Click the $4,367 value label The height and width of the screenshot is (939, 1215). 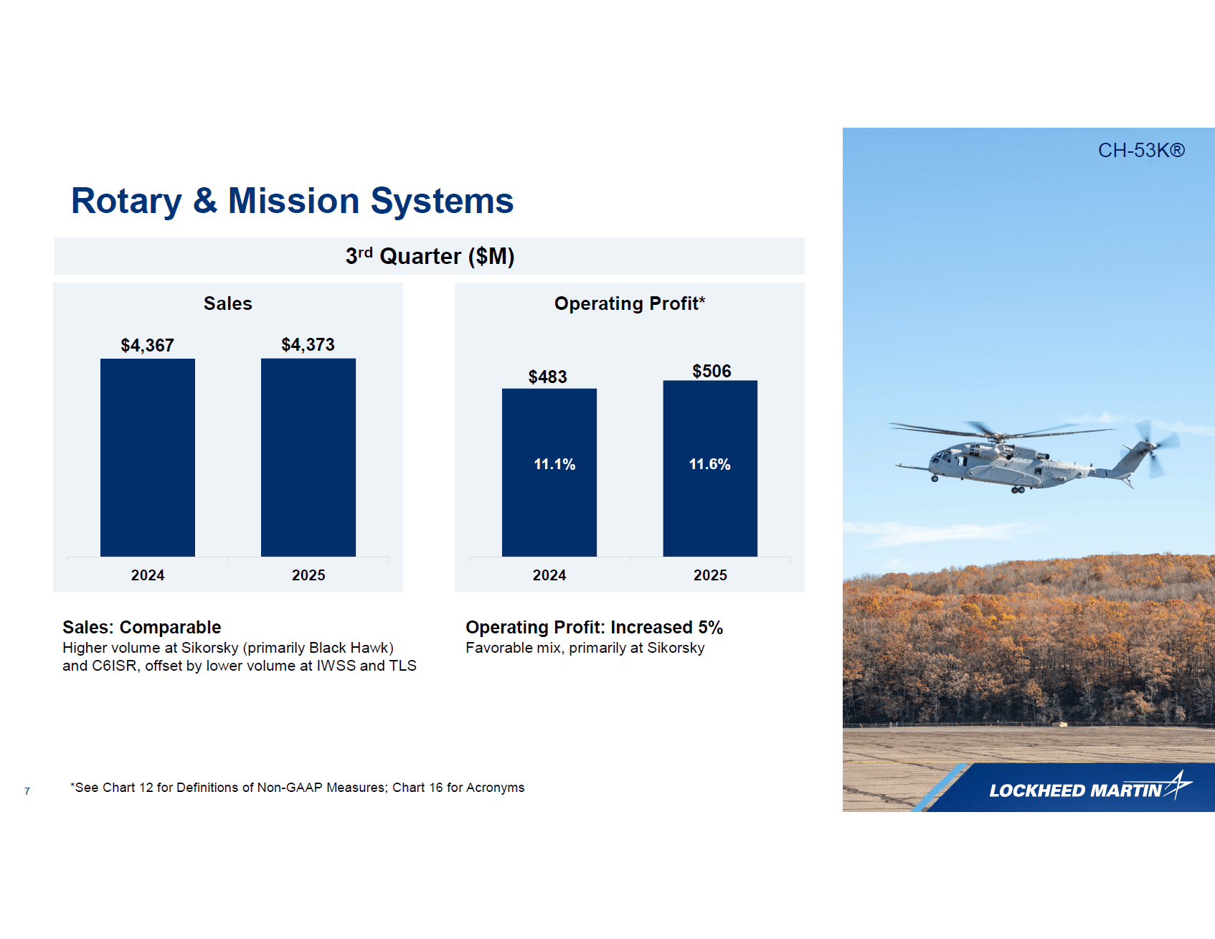(147, 346)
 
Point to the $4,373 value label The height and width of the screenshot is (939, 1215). (308, 345)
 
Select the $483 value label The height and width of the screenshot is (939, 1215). (547, 377)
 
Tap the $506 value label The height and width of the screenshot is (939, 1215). (711, 372)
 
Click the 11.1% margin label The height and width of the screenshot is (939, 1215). (554, 465)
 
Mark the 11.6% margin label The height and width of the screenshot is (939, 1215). (709, 465)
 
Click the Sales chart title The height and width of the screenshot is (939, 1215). (227, 303)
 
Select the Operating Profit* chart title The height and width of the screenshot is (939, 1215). (629, 303)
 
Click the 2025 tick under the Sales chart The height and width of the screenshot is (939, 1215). (308, 575)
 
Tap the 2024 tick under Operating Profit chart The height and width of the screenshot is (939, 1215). (549, 575)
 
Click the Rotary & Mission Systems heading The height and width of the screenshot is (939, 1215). (292, 201)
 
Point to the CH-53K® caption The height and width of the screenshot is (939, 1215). (1140, 151)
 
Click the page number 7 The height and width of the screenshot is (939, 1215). (27, 791)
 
